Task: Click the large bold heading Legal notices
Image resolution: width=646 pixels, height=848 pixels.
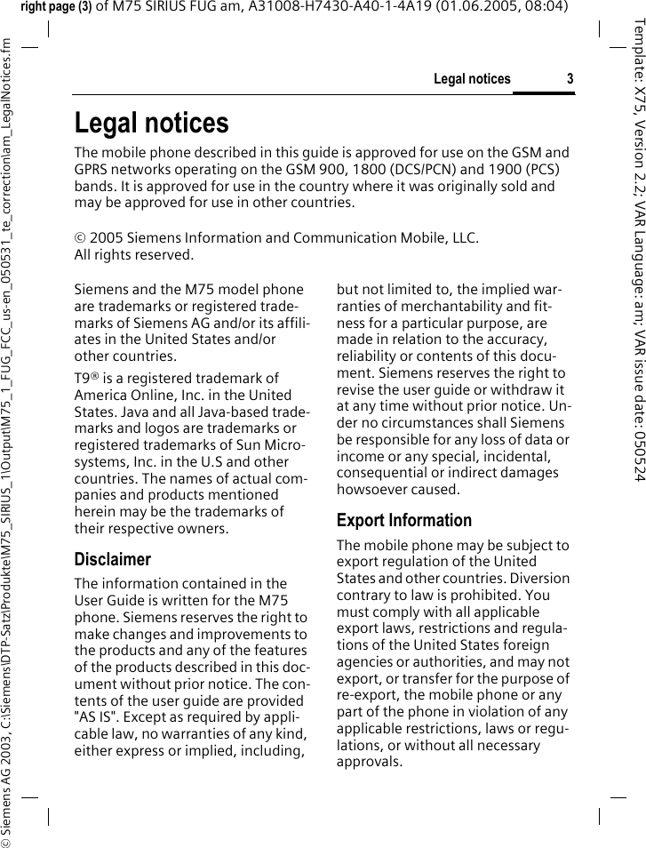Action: (x=151, y=123)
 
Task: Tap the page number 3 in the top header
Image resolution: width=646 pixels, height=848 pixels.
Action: (x=570, y=79)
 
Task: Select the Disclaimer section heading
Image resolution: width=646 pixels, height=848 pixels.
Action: (x=113, y=559)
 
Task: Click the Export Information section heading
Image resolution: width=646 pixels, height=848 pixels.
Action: (x=404, y=520)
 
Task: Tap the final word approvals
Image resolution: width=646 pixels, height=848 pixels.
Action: (x=369, y=762)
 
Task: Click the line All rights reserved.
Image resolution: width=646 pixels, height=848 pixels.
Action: (x=133, y=255)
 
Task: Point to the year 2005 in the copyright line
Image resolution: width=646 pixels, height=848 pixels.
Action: (x=106, y=238)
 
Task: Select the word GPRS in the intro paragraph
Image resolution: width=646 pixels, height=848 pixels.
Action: (x=92, y=169)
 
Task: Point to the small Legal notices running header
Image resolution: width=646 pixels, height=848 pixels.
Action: (x=472, y=79)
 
